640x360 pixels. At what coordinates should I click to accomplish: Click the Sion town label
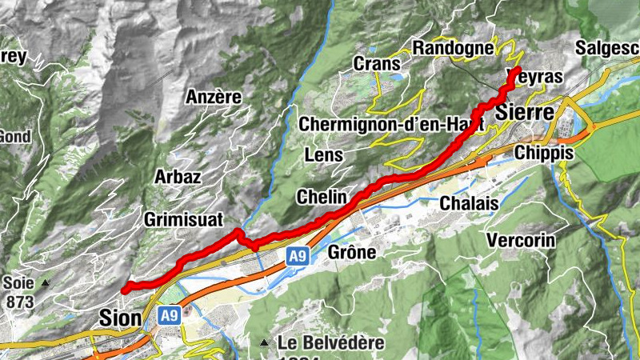coord(120,318)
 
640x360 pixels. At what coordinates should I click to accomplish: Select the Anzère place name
coord(214,97)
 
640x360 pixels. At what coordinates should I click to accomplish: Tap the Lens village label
coord(324,154)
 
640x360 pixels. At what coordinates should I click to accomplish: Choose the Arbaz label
coord(178,176)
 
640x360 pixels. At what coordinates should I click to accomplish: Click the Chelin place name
coord(322,196)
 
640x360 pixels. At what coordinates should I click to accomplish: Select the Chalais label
coord(469,203)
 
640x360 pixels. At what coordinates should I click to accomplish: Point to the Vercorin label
coord(522,239)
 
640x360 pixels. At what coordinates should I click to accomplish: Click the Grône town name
coord(352,253)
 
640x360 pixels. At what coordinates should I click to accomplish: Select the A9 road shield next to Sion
coord(168,315)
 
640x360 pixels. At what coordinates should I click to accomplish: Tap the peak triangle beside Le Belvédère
coord(264,343)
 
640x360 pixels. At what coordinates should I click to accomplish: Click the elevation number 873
coord(18,302)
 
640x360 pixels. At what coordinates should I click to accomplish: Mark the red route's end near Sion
coord(125,289)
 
